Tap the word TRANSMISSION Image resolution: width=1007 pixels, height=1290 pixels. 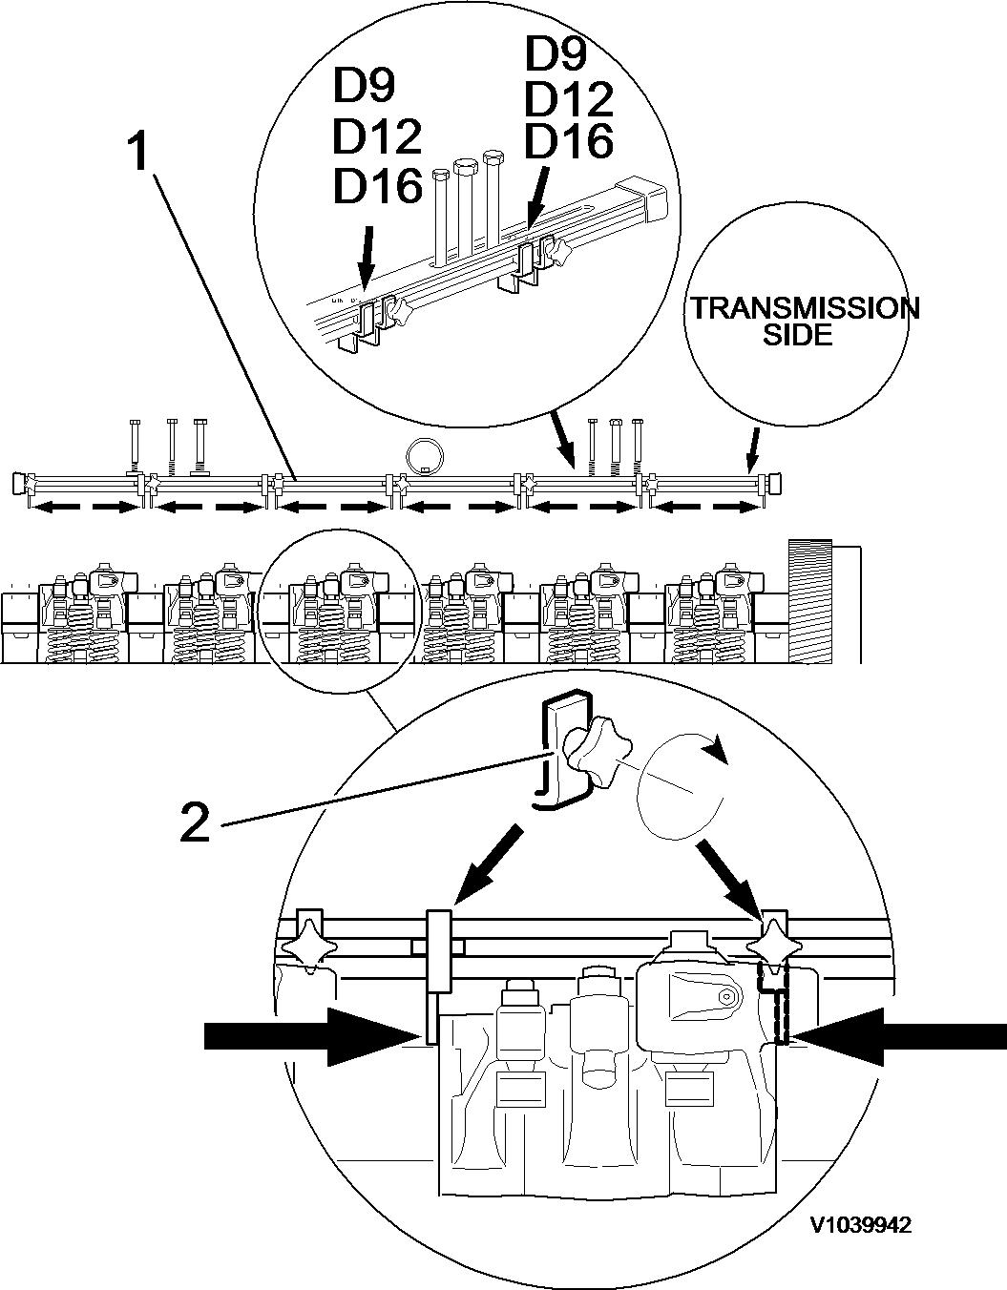805,308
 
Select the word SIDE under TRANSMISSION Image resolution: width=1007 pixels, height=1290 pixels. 798,335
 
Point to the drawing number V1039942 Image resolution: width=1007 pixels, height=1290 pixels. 860,1225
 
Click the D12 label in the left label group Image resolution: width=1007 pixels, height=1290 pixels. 377,137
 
